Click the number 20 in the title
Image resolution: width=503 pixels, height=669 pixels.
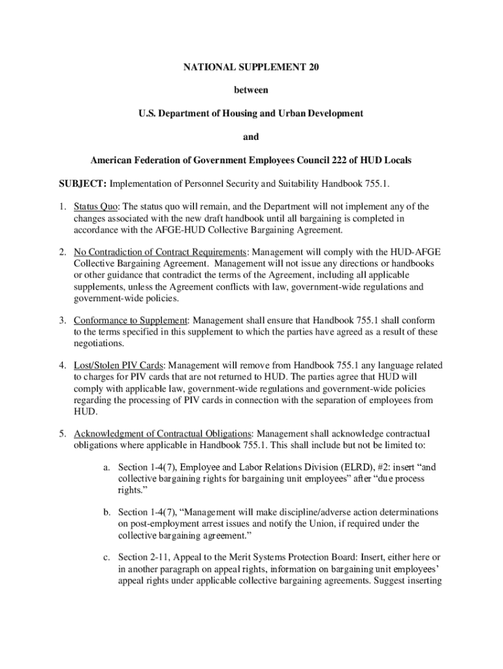312,67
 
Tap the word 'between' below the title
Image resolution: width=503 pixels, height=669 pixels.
251,90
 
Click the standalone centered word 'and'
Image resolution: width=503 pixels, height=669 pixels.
251,137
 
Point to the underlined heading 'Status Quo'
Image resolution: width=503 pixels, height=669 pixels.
95,206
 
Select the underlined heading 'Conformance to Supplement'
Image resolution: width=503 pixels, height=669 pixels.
131,321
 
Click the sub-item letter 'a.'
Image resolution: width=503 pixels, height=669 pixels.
106,468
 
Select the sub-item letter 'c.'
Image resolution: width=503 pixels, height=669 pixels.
106,557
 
